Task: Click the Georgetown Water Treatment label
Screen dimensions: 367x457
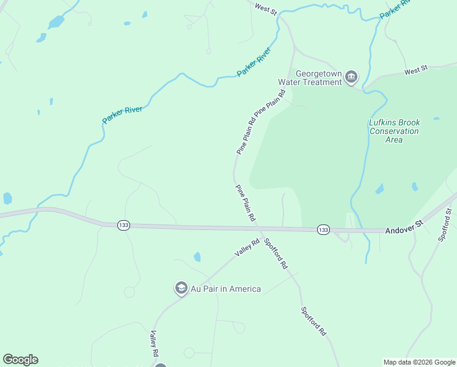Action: [x=310, y=77]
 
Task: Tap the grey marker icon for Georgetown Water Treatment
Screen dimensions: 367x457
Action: [x=351, y=76]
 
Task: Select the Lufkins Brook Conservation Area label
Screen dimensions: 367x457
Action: [x=394, y=131]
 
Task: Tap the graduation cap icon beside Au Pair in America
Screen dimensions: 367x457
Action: [x=181, y=287]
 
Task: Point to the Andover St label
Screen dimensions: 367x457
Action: [x=404, y=230]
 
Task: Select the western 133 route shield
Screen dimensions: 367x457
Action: [x=124, y=225]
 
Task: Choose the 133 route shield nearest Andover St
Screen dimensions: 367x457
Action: [x=324, y=229]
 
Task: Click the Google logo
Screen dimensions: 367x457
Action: [x=20, y=360]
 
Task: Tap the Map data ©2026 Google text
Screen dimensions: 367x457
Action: [x=419, y=362]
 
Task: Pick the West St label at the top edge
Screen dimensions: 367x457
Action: [x=266, y=9]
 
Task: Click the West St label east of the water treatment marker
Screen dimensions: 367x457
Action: [x=415, y=72]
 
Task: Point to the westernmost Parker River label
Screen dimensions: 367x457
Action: [x=122, y=114]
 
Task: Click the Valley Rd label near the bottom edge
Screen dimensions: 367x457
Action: [x=154, y=344]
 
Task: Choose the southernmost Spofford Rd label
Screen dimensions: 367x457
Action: [x=313, y=321]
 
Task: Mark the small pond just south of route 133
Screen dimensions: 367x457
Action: [x=197, y=257]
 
